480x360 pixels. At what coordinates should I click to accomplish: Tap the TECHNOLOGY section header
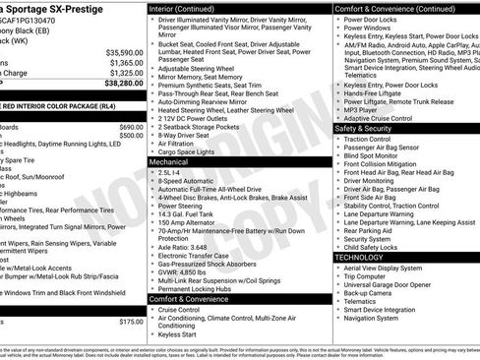click(360, 257)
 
